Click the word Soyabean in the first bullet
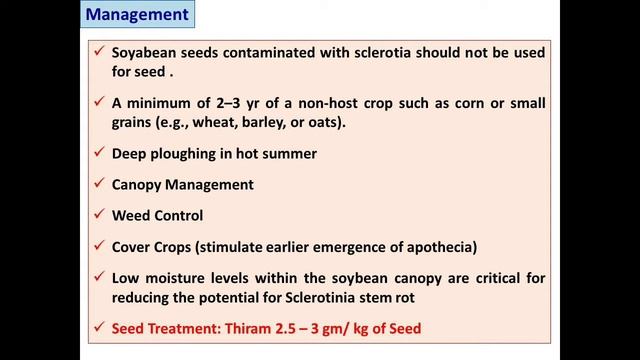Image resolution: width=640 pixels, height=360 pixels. click(143, 53)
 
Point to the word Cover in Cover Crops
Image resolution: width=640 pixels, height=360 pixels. click(131, 246)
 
